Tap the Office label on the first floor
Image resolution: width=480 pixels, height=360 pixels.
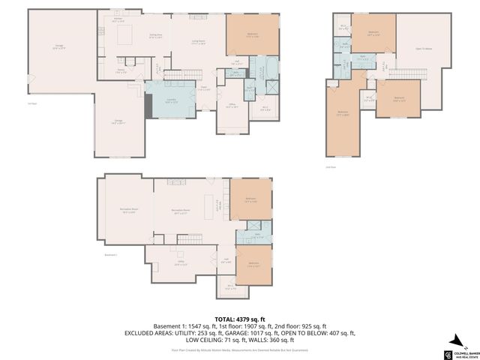click(x=232, y=106)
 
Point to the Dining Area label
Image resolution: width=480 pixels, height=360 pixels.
click(x=155, y=36)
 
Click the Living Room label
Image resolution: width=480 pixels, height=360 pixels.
click(x=199, y=43)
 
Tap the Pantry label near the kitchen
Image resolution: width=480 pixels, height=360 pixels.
click(x=121, y=72)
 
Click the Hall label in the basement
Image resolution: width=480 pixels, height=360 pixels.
click(x=225, y=261)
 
